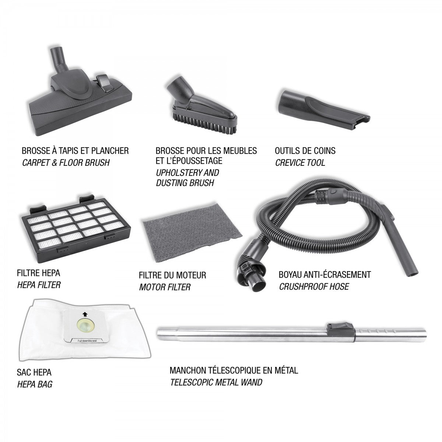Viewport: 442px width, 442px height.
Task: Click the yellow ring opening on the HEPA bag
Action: point(84,327)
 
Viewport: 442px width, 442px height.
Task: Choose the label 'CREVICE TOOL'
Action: point(300,163)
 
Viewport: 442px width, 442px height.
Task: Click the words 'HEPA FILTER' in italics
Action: point(39,285)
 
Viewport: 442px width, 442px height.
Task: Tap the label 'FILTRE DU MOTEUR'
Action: point(172,275)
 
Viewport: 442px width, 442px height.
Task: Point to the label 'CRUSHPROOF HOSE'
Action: point(314,286)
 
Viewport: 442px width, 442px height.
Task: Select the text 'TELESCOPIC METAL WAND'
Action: point(216,382)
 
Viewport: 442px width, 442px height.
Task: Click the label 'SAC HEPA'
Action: point(34,372)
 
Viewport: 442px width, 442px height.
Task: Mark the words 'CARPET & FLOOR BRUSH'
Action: point(66,163)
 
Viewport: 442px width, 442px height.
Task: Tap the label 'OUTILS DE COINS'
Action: point(305,151)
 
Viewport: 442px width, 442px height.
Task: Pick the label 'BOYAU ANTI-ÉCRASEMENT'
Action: point(325,274)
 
